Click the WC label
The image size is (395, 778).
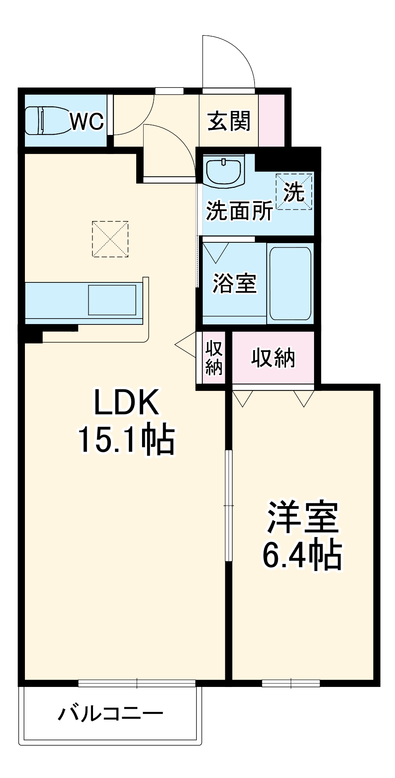(87, 122)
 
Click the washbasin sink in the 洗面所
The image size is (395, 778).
(223, 172)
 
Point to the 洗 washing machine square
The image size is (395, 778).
(294, 191)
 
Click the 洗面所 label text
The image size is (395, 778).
(239, 211)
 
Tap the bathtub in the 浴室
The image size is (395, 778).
(290, 283)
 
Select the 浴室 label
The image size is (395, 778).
(234, 283)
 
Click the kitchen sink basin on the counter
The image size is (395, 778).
(112, 300)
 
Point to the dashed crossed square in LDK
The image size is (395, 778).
(110, 239)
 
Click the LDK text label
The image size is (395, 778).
(127, 403)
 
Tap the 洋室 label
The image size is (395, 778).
(302, 517)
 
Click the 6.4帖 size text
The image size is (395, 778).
(302, 554)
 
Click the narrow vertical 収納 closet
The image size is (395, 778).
(214, 357)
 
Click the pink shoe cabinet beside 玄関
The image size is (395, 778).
(272, 121)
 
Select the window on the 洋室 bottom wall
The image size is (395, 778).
(291, 683)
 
